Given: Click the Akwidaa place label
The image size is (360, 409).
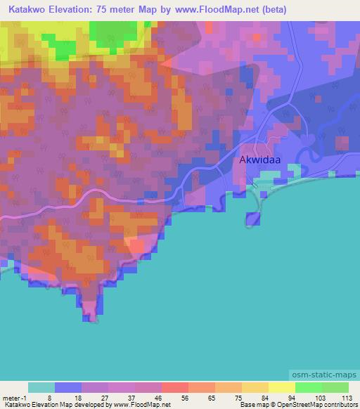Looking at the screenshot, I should tap(262, 160).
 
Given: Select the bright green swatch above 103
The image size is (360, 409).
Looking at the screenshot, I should tap(308, 387).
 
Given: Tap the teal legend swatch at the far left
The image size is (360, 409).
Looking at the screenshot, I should tap(41, 387).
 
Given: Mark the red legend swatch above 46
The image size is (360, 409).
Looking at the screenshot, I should tap(174, 387).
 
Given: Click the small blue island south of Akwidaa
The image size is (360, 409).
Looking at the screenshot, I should tap(253, 219).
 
